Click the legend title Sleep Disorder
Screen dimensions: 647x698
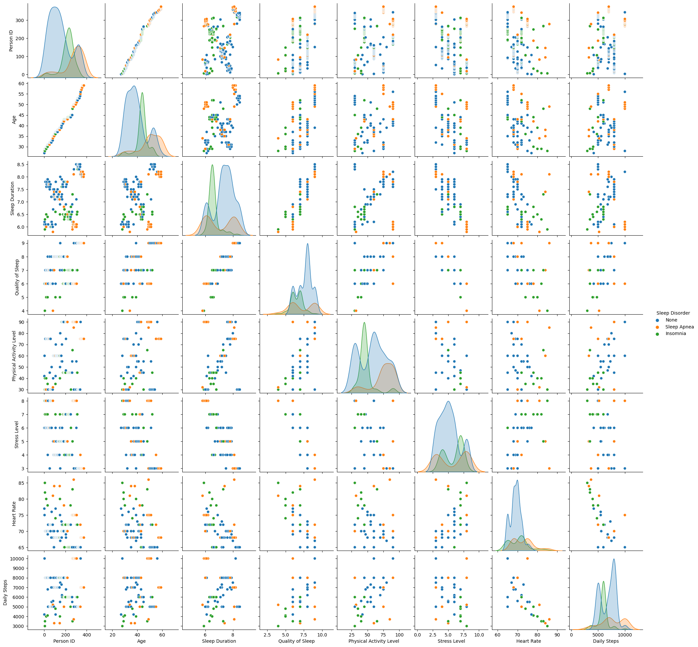click(673, 313)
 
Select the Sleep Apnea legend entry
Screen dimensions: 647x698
click(679, 327)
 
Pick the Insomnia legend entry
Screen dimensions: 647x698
click(676, 333)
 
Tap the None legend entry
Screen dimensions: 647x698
click(671, 320)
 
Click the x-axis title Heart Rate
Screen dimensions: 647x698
click(529, 641)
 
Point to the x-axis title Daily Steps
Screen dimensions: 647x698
click(606, 641)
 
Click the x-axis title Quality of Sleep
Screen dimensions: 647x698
click(296, 641)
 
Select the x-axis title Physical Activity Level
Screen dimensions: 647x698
click(374, 641)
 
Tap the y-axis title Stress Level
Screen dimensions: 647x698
click(16, 434)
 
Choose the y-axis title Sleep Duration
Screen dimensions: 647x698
click(13, 198)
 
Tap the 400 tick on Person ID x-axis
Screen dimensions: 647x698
click(87, 634)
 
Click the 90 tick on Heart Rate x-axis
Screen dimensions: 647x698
click(557, 634)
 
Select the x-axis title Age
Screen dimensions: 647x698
click(142, 641)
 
